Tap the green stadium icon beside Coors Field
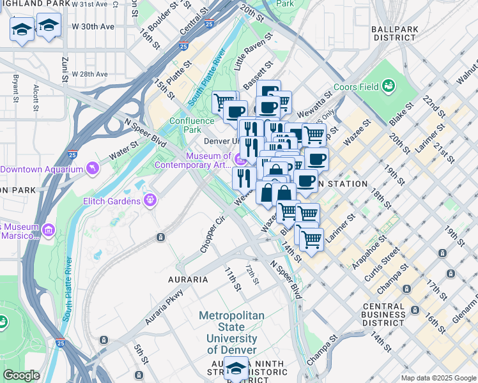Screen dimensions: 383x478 (x=388, y=86)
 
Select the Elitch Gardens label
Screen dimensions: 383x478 (x=111, y=202)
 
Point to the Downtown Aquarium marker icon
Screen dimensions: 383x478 (x=94, y=169)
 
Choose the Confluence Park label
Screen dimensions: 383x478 (x=185, y=125)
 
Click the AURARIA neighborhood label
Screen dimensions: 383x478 (x=188, y=280)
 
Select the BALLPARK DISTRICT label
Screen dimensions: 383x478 (x=394, y=33)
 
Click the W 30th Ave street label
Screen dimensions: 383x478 (x=93, y=27)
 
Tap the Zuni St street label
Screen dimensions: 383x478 (x=65, y=70)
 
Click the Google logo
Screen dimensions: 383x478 (x=21, y=375)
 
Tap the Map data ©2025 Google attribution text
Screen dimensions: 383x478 (x=438, y=378)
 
